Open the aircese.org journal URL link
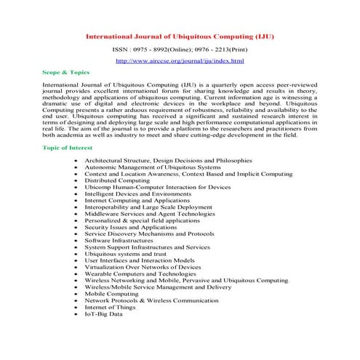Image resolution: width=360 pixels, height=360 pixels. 180,60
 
